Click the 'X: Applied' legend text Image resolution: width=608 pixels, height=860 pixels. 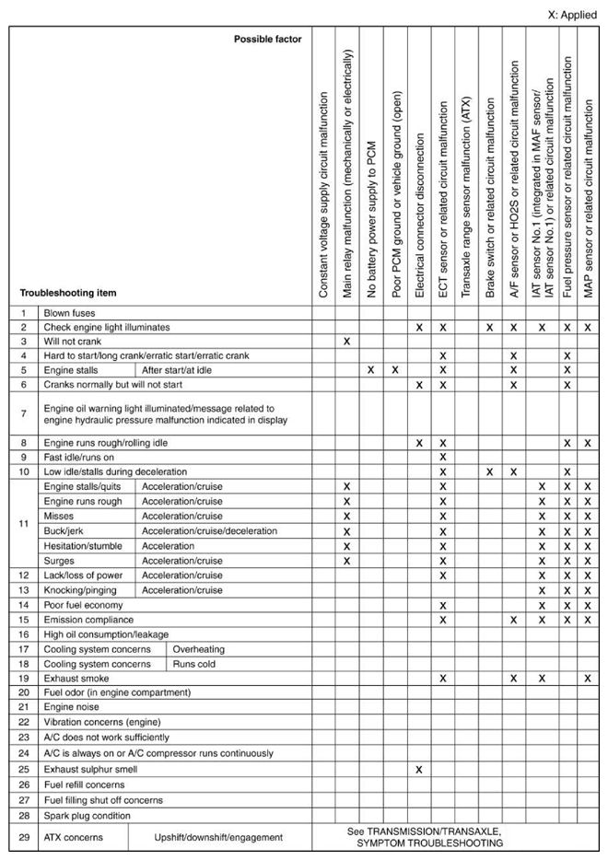coord(572,15)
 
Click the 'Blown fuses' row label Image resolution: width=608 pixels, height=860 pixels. coord(70,313)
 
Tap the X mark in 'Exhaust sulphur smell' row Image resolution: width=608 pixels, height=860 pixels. coord(419,769)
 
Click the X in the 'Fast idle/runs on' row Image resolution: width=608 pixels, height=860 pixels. coord(443,457)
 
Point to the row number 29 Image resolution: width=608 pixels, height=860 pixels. coord(22,837)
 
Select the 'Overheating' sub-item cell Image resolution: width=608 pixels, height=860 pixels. coord(198,649)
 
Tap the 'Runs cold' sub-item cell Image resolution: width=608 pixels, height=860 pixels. coord(193,663)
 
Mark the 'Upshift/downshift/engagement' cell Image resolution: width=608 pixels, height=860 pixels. coord(218,837)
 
